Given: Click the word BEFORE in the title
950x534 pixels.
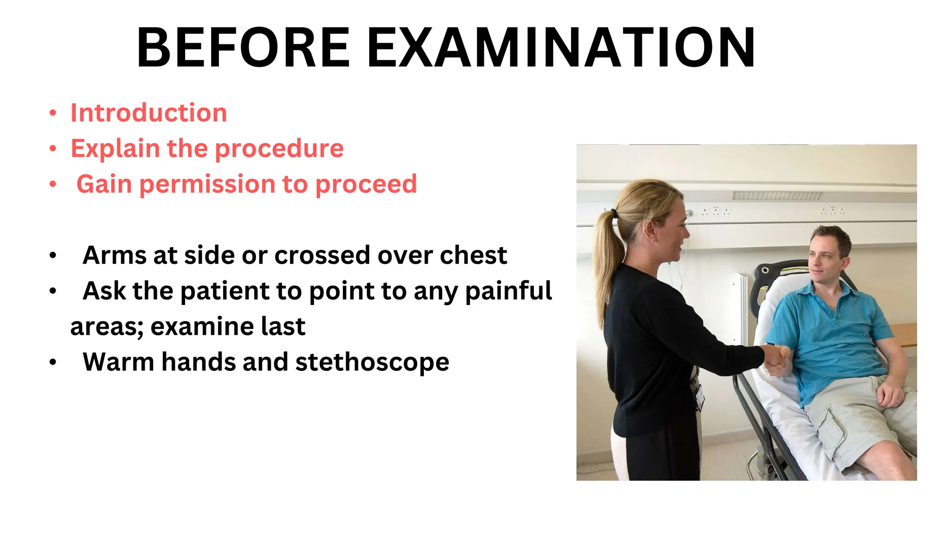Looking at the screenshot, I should (243, 48).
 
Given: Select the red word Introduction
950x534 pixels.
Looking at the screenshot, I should (148, 113).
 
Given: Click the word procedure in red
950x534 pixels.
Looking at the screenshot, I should (279, 149).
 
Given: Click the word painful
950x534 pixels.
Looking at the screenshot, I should (508, 291).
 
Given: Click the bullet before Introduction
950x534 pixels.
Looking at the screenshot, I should (53, 114).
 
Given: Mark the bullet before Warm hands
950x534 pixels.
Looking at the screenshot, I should (53, 362).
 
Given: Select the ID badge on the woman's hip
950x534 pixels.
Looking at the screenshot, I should (698, 394).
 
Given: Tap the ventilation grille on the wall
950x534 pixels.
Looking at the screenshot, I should (777, 196).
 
